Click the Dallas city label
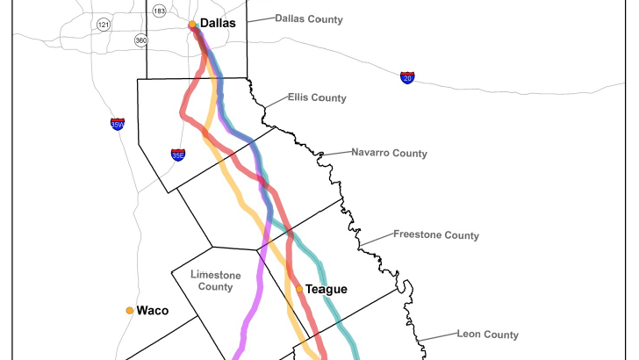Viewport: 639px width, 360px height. coord(218,24)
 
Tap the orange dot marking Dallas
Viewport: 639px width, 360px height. coord(192,25)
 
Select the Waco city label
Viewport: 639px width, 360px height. coord(152,310)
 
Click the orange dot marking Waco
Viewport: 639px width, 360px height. coord(129,310)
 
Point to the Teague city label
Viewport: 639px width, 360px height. coord(326,289)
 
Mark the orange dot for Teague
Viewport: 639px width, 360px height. coord(299,289)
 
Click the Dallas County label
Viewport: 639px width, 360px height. coord(308,18)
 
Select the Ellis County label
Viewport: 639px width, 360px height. coord(317,97)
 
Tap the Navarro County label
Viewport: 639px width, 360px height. coord(389,153)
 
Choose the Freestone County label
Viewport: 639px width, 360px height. coord(435,235)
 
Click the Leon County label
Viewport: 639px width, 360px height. coord(487,334)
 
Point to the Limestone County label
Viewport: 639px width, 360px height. coord(215,281)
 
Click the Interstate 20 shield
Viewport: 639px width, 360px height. coord(407,78)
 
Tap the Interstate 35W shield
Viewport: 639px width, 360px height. coord(118,125)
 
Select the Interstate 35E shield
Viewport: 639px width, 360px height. coord(178,155)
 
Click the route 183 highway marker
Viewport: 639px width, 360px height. coord(159,11)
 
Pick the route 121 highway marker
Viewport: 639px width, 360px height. coord(104,24)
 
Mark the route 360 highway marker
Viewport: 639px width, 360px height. coord(141,40)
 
